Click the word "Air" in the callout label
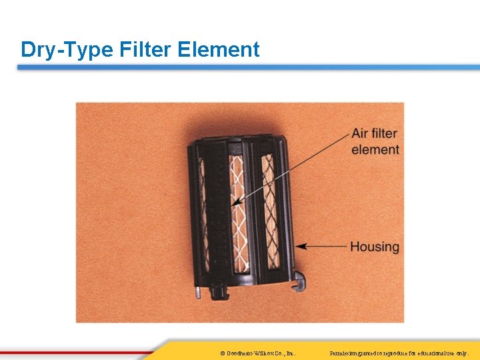tap(361, 135)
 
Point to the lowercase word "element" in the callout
tap(375, 150)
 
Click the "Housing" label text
tap(375, 247)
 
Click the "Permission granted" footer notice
tap(400, 352)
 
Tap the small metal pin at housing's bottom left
tap(198, 291)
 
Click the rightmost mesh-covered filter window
tap(269, 207)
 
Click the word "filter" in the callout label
tap(385, 135)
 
